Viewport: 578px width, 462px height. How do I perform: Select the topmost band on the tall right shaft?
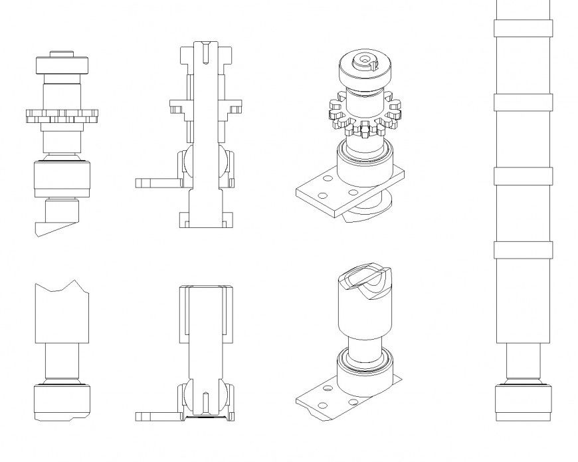523,28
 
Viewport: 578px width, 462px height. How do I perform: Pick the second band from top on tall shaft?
523,102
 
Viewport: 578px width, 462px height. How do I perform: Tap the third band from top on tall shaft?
523,175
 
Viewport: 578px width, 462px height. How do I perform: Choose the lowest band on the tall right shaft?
523,249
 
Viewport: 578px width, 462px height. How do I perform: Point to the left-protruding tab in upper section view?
156,181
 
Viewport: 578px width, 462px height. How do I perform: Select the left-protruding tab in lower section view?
156,416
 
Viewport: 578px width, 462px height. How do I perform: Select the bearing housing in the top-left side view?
61,178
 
